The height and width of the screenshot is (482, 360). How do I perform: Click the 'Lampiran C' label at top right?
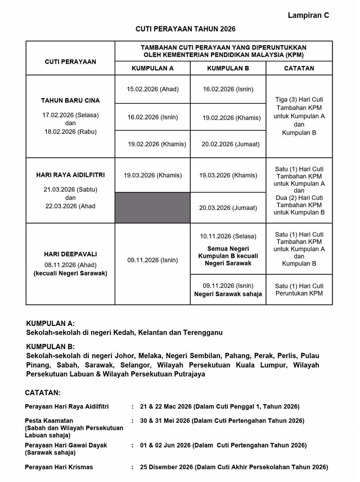[308, 15]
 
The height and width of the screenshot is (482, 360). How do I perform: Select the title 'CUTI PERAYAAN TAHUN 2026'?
[185, 29]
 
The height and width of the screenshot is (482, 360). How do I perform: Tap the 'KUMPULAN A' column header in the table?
[152, 68]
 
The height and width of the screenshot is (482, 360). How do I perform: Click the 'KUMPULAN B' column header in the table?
[228, 68]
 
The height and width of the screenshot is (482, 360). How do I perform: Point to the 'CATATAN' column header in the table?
[299, 68]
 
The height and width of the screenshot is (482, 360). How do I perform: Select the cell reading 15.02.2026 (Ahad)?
[152, 89]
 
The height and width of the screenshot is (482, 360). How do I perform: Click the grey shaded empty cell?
[152, 208]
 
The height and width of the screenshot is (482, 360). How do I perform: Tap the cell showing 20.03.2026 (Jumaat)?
[228, 208]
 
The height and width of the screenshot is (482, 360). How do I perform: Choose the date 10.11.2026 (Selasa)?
[228, 236]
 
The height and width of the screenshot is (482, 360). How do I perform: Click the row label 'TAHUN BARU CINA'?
[70, 101]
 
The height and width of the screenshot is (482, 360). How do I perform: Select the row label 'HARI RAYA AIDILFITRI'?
[70, 175]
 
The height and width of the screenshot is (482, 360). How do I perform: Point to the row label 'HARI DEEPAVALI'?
[70, 254]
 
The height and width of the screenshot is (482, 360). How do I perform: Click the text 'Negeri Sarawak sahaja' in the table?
[228, 294]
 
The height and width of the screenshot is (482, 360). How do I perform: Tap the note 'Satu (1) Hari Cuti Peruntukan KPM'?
[299, 289]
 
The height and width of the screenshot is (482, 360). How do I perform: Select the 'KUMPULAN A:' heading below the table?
[50, 324]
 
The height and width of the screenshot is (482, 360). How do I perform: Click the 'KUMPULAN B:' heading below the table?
[50, 347]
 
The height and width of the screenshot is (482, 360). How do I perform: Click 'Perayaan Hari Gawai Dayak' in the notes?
[66, 445]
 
